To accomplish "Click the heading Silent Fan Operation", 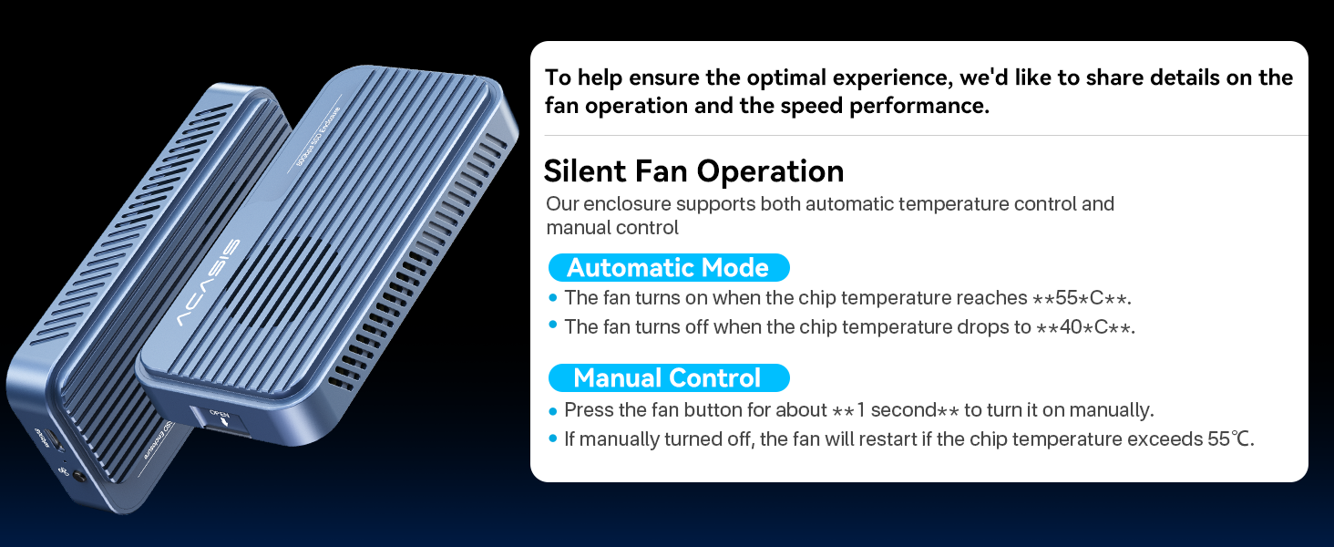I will point(693,171).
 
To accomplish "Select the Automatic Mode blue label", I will point(668,268).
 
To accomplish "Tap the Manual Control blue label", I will point(667,377).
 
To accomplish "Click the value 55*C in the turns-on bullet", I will point(1079,298).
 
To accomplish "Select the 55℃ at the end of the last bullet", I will point(1229,439).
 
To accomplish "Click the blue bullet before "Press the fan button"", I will point(552,410).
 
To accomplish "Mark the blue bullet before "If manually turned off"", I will point(552,439).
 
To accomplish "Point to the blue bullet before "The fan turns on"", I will point(552,298).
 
